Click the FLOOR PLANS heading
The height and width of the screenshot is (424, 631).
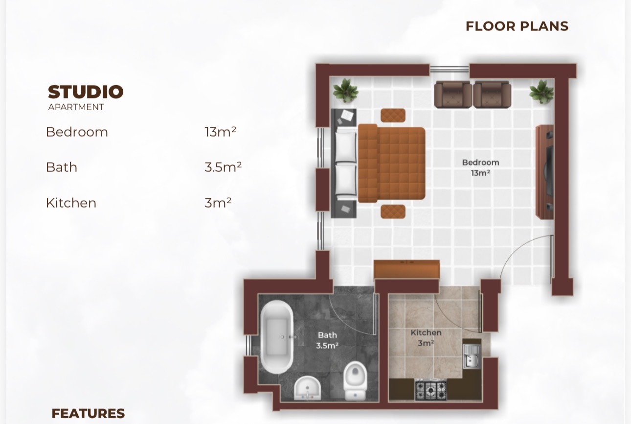517,26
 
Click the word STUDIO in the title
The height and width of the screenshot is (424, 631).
86,92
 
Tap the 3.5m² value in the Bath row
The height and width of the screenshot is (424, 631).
223,167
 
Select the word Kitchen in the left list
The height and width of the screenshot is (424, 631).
71,203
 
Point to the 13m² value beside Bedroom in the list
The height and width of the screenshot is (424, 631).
220,132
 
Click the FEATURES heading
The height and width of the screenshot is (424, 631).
88,414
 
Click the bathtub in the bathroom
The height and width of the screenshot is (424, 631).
277,337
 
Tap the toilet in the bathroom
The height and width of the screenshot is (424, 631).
355,381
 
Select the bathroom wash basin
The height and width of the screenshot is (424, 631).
307,388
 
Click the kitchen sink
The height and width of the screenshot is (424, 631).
472,356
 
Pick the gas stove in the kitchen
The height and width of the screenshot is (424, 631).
431,390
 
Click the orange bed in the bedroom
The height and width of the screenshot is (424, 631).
391,163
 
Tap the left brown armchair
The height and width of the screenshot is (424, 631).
452,94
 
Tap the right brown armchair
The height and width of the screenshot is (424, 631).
492,94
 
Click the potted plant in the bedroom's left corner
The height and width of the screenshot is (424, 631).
345,91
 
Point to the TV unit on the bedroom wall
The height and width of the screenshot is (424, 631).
544,172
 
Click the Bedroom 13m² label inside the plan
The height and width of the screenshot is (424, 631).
480,167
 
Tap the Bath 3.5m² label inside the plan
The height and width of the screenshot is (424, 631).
327,340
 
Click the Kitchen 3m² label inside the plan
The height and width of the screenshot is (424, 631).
426,338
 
